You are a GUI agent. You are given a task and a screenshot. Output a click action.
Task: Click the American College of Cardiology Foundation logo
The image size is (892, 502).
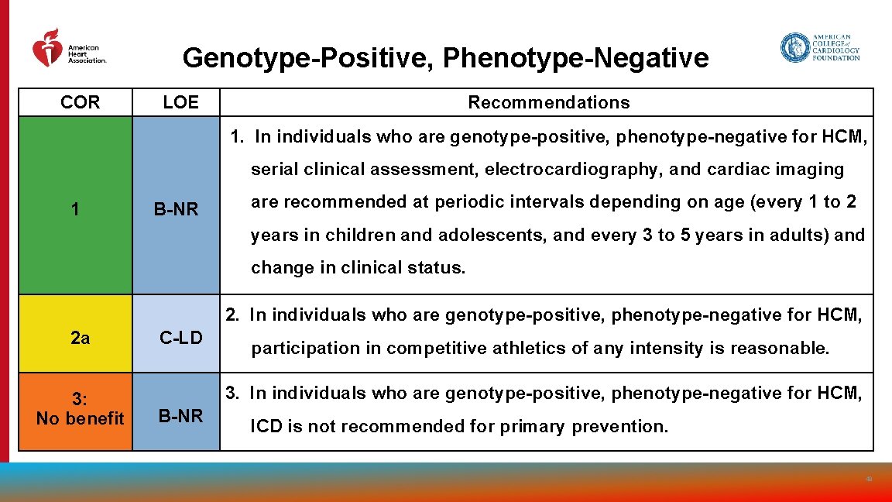coord(820,47)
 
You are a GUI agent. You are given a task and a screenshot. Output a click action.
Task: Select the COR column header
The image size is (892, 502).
coord(80,102)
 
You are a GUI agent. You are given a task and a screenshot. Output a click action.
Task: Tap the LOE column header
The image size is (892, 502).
coord(180,102)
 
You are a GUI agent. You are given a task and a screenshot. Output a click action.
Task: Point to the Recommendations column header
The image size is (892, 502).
coord(548,102)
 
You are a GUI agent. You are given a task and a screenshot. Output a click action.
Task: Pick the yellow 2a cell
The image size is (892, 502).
coord(80,337)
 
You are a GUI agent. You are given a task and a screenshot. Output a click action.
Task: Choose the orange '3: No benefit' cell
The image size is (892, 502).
coord(80,409)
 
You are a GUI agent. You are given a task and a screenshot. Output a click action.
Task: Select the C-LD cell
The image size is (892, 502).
coord(180,337)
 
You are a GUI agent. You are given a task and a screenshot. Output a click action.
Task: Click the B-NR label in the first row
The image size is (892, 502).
coord(176,209)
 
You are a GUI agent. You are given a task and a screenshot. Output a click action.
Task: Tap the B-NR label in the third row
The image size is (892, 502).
coord(180,416)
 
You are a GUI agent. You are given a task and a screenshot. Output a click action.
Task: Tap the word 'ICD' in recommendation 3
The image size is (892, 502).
coord(266,426)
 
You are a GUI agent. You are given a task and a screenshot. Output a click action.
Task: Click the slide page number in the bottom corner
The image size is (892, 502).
coord(869,479)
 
